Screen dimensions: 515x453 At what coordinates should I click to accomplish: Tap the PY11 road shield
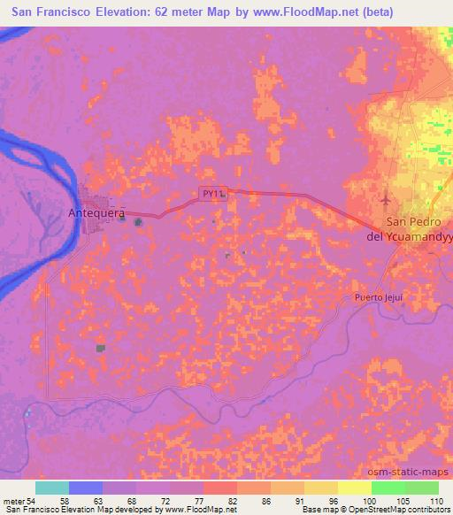[212, 193]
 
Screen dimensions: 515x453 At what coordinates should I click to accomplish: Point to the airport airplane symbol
[386, 195]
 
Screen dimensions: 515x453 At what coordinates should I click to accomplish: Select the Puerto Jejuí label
[378, 297]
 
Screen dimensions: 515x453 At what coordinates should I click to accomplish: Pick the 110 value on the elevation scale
[437, 500]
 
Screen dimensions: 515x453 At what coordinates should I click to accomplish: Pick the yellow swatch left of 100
[354, 488]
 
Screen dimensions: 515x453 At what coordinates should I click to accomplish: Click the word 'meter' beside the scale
[13, 500]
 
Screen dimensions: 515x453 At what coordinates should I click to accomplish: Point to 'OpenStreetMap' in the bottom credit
[390, 510]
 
